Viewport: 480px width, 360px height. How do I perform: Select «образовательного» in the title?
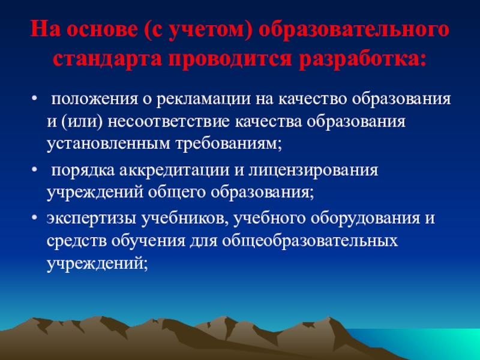tap(354, 31)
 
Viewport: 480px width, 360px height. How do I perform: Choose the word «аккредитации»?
tap(174, 171)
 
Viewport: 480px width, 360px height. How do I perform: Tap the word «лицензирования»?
tap(313, 171)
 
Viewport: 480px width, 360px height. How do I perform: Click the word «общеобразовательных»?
tap(310, 241)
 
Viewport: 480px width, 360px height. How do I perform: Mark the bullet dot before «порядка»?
tap(35, 169)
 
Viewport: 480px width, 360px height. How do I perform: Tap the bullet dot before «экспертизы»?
tap(35, 218)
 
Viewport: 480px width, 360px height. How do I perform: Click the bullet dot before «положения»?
tap(35, 98)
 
